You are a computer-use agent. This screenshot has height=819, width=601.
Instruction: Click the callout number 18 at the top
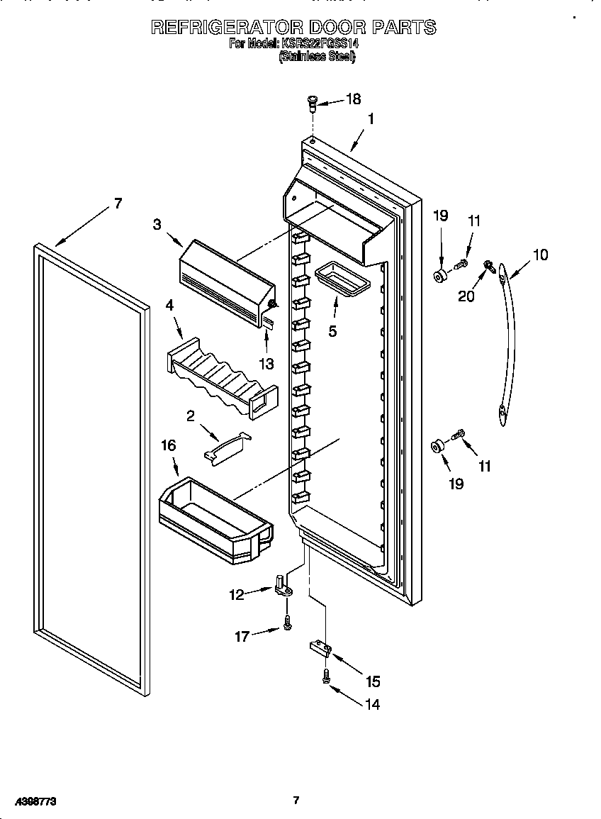coord(352,99)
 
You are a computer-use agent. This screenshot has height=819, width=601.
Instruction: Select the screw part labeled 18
coord(312,104)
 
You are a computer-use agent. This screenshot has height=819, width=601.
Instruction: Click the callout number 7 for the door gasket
coord(117,204)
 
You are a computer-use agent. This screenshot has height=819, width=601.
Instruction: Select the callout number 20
coord(466,296)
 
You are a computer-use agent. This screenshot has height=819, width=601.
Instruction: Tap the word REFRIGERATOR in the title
coord(228,28)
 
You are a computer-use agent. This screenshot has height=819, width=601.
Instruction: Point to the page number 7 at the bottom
coord(296,801)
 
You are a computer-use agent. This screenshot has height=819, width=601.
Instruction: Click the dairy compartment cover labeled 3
coord(227,277)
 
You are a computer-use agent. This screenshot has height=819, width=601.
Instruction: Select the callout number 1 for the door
coord(370,119)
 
